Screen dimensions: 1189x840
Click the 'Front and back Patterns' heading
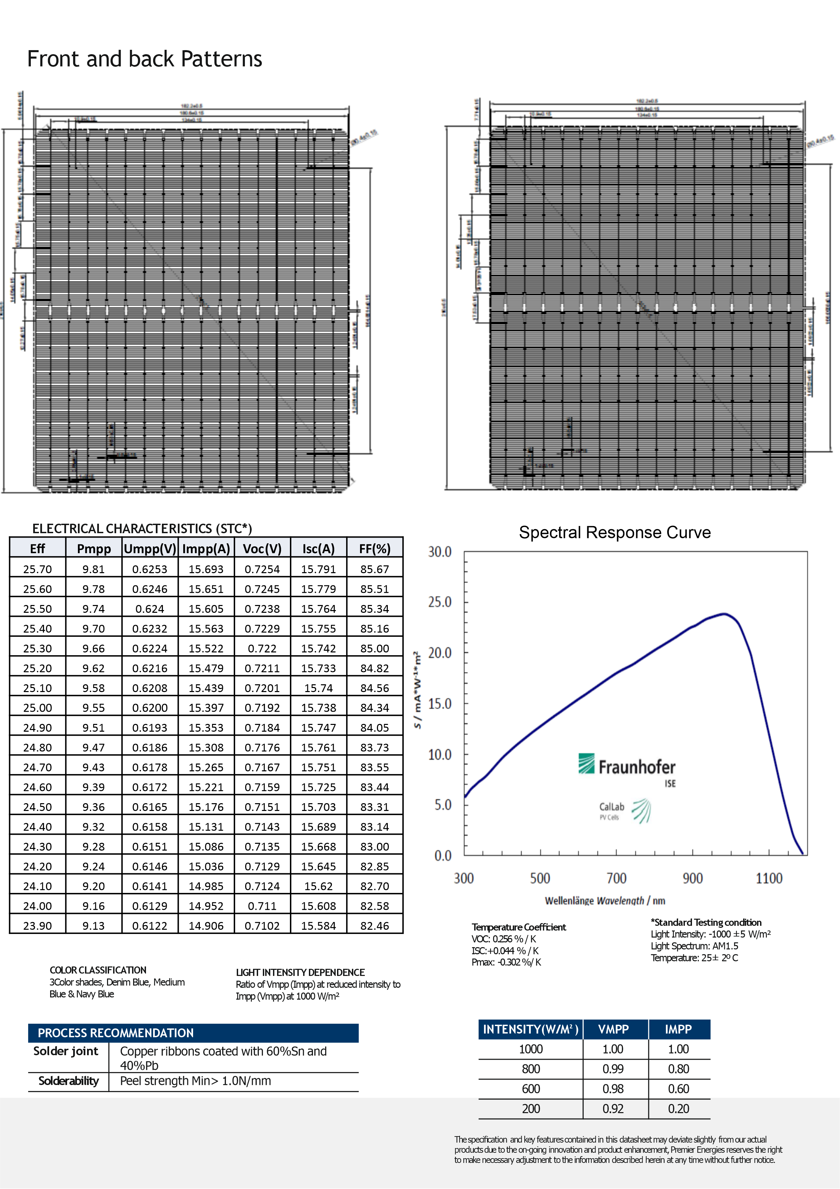145,59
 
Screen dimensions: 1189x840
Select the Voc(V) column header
262,548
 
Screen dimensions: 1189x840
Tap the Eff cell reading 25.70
37,569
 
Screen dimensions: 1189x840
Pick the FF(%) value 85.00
374,648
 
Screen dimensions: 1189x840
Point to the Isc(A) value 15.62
318,886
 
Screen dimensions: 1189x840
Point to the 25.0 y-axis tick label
440,602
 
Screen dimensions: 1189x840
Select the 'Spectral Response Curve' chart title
615,533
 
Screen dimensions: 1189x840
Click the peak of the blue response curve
724,614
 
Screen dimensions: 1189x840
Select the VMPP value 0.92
613,1109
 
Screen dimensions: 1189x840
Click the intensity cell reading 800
531,1069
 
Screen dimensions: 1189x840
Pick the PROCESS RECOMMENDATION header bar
193,1033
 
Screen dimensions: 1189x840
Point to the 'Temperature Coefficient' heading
519,927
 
